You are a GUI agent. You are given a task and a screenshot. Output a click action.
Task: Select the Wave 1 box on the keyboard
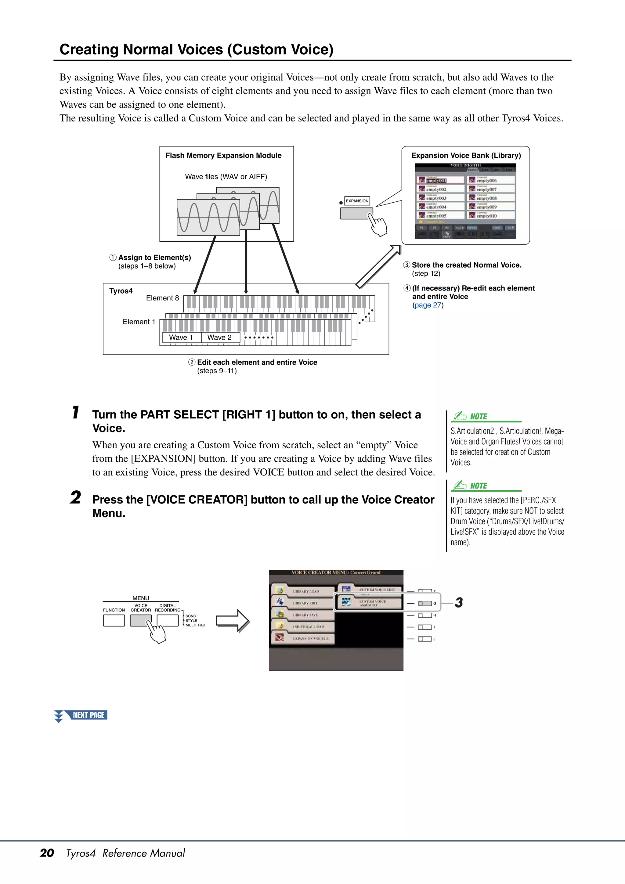pos(181,337)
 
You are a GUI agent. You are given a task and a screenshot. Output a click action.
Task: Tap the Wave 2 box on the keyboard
pos(219,337)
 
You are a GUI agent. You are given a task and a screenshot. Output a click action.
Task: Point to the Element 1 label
pos(139,322)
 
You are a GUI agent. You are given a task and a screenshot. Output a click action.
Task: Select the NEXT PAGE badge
pos(85,715)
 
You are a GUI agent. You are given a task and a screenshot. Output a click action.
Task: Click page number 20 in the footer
pos(47,853)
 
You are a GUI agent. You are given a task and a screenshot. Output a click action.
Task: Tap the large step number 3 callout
pos(459,603)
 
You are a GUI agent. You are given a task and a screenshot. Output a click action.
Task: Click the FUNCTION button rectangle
pos(114,620)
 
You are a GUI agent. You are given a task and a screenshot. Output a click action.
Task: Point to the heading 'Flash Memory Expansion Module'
pos(223,156)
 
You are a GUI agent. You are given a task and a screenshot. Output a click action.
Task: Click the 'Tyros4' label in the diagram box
pos(121,291)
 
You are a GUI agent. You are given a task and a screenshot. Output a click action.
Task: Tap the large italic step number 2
pos(75,497)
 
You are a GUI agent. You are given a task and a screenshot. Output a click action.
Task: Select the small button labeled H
pos(425,615)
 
